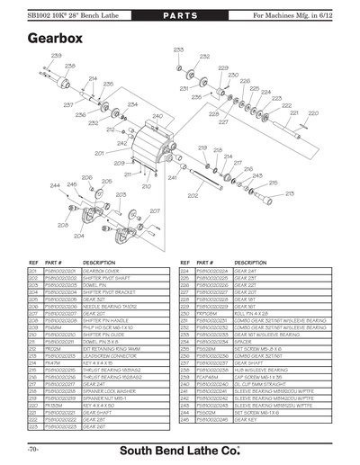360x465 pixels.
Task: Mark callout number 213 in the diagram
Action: click(290, 193)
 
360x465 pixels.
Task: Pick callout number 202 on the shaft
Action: click(192, 195)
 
